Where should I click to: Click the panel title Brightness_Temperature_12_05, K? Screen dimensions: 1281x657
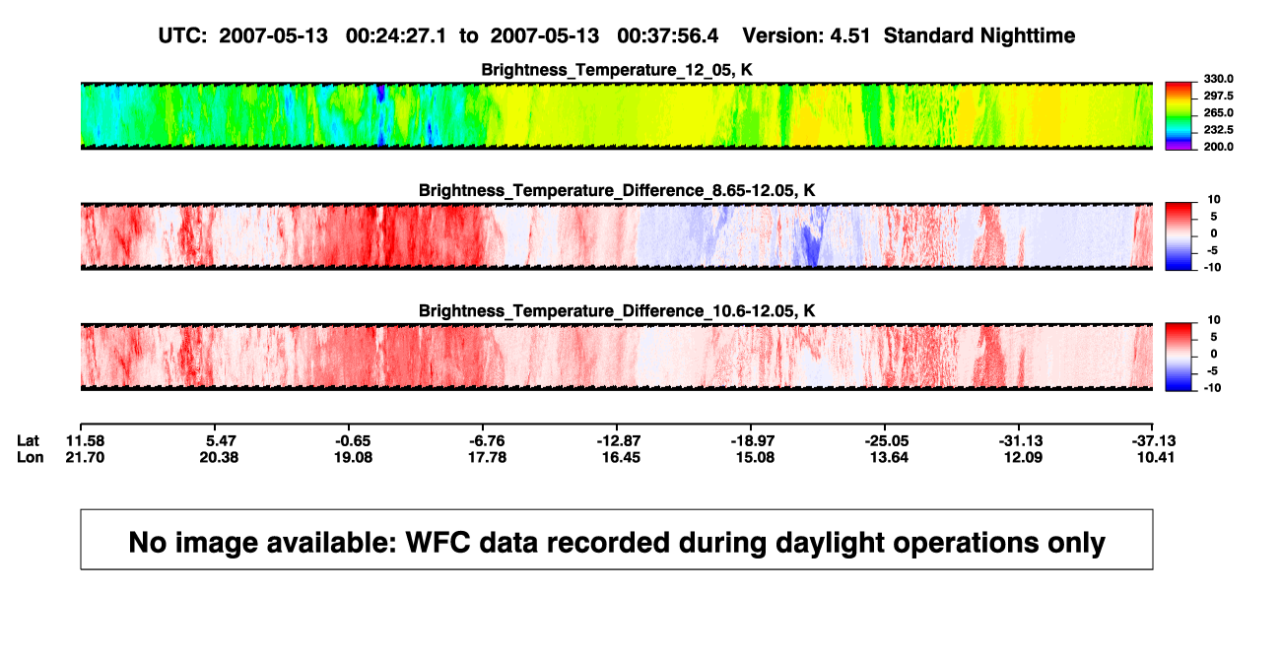point(617,70)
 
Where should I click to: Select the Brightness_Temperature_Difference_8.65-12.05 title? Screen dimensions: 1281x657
point(617,190)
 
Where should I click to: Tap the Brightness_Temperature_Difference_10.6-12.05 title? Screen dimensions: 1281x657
point(617,311)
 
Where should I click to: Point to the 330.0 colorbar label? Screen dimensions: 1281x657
point(1218,79)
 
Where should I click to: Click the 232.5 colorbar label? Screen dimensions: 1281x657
point(1218,130)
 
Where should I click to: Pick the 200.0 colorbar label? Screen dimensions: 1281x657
point(1218,147)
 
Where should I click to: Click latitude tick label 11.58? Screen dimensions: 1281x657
point(85,441)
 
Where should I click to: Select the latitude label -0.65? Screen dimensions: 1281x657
point(353,441)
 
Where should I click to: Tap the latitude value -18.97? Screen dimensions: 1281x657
point(753,441)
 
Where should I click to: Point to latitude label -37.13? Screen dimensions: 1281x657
point(1154,441)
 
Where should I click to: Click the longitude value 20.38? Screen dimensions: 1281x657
point(219,458)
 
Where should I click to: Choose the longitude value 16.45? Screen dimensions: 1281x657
point(621,458)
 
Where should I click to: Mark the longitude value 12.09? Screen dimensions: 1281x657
point(1023,458)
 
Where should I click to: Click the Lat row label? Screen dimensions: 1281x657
point(28,441)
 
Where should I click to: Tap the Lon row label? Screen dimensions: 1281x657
point(31,458)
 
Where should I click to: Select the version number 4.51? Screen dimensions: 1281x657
point(849,36)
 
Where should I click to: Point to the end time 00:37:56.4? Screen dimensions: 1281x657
point(667,36)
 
